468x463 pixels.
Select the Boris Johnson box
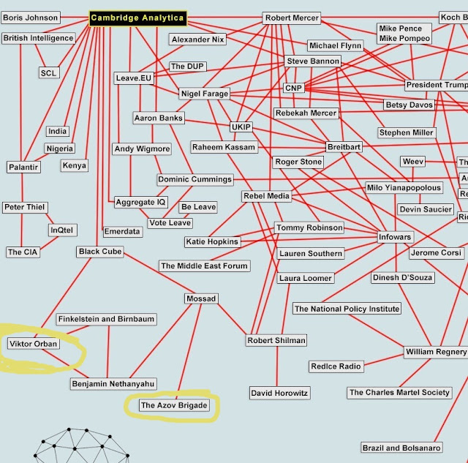(31, 18)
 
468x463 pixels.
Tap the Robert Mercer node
(292, 18)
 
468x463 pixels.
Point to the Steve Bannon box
(313, 61)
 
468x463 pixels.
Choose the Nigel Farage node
(204, 94)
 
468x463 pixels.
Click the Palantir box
(23, 167)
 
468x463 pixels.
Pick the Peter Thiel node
(24, 208)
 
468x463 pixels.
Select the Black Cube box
(100, 252)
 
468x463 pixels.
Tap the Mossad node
(200, 299)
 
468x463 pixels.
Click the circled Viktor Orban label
(33, 344)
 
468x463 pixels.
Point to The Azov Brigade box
(174, 405)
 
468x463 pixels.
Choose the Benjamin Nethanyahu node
(113, 384)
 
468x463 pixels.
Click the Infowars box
(395, 238)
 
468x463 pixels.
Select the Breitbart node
(344, 147)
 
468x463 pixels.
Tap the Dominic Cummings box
(195, 179)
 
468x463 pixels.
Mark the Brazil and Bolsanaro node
(401, 448)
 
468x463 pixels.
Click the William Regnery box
(436, 353)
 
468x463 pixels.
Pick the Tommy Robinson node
(309, 228)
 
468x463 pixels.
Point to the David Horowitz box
(280, 394)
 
